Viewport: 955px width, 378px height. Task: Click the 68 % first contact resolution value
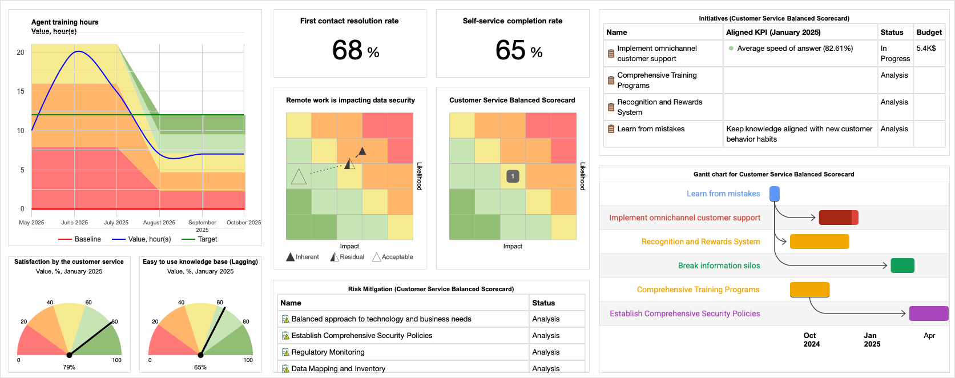[355, 50]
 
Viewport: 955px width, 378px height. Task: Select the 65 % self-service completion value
[518, 50]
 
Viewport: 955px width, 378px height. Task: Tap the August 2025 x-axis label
[159, 223]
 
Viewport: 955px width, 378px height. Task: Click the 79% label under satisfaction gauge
[69, 367]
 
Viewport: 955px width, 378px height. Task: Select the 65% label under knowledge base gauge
[200, 367]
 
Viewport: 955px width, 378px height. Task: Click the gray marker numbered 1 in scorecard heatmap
[513, 176]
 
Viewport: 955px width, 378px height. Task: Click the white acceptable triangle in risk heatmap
[299, 177]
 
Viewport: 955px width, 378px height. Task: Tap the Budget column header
[929, 33]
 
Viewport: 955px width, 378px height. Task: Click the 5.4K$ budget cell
[926, 49]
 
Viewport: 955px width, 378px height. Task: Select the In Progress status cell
[894, 54]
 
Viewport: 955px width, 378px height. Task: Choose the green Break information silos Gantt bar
[902, 266]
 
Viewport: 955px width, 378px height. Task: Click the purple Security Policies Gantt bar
[928, 313]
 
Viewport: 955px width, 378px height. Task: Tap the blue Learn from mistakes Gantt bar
[775, 194]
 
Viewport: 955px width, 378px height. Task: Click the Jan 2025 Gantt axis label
[872, 340]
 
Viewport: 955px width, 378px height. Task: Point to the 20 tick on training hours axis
[21, 53]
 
